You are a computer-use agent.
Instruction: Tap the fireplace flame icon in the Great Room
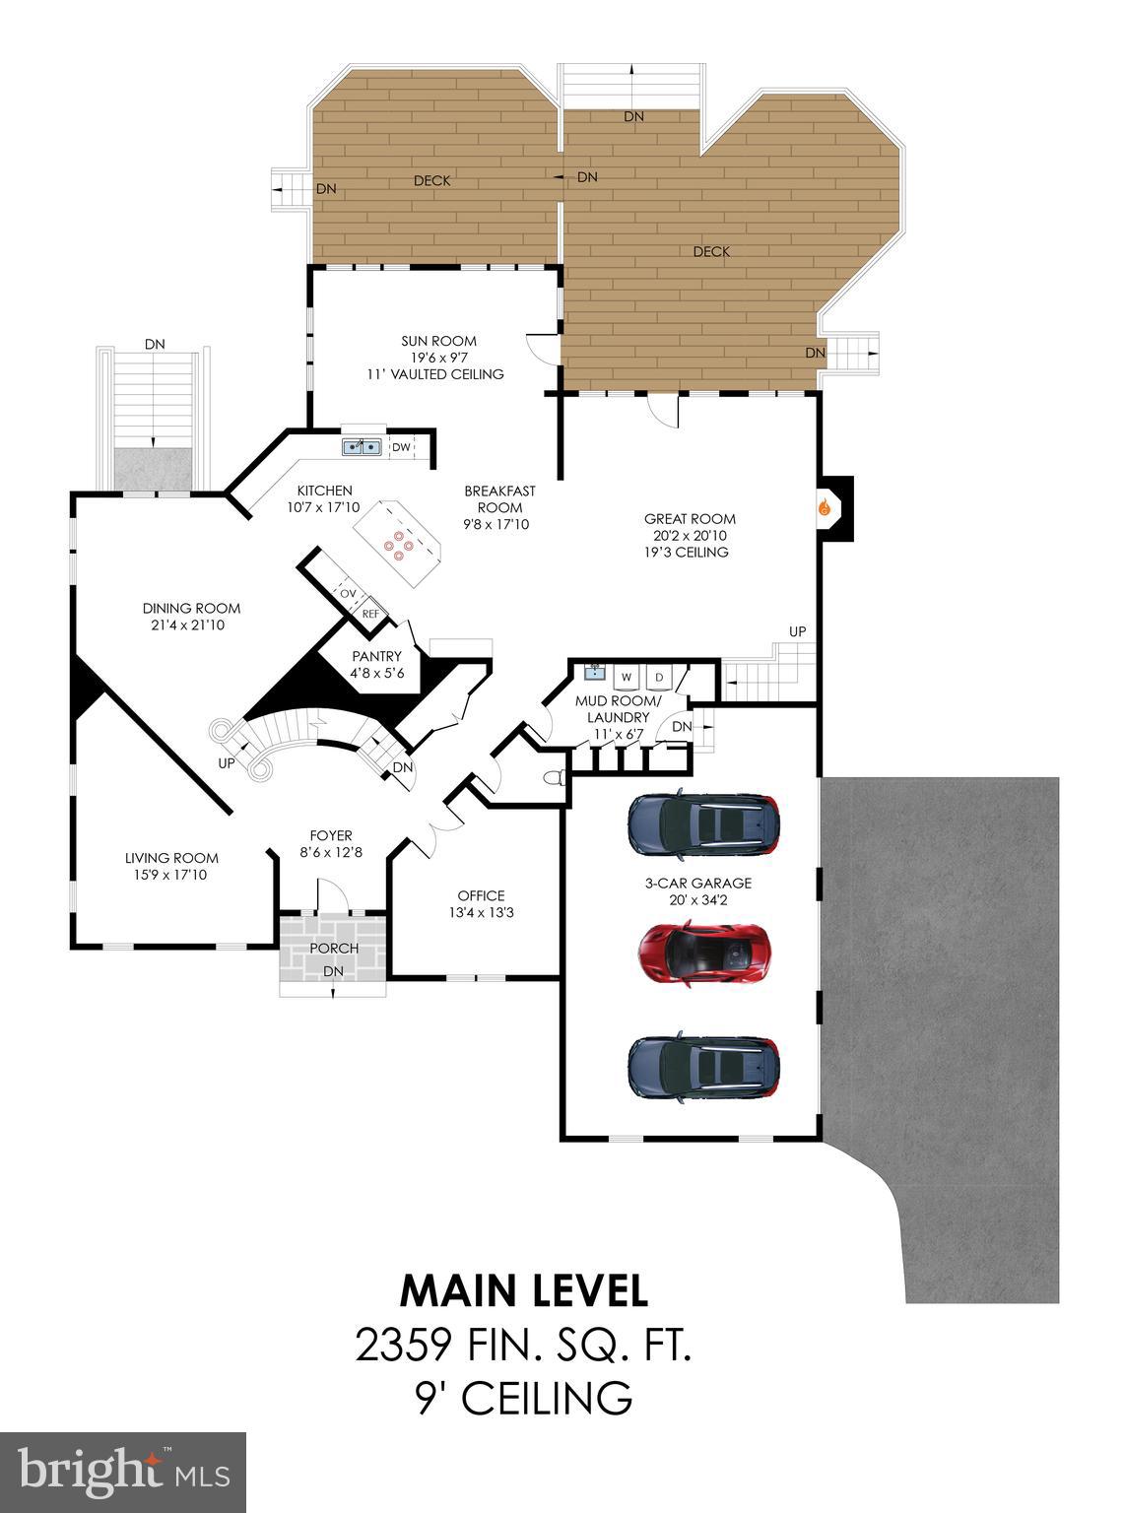826,508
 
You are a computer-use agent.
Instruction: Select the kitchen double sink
362,447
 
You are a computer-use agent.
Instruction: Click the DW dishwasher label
401,447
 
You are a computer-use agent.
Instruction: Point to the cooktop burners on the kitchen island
398,544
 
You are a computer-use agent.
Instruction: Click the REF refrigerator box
370,614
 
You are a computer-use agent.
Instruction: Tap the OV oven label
348,594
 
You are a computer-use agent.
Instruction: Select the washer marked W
626,678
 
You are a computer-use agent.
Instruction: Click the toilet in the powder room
555,778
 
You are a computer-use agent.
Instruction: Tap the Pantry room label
376,657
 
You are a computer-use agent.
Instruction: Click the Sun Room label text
438,341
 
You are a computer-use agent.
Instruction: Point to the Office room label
481,895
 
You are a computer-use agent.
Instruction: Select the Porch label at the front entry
334,949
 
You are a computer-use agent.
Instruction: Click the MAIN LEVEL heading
523,1289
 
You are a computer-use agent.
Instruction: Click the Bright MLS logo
123,1472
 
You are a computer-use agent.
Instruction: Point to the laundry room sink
594,673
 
